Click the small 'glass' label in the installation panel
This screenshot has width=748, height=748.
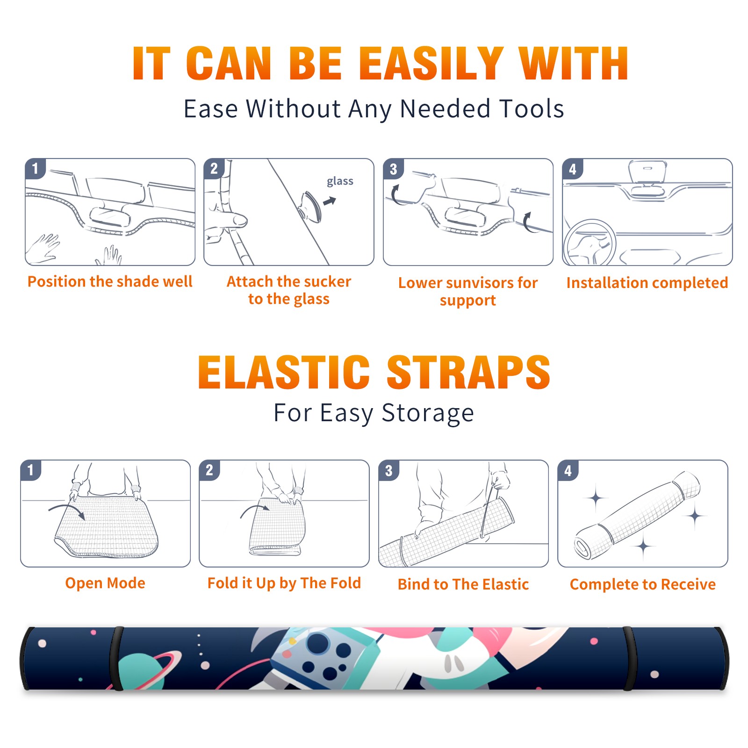(x=340, y=181)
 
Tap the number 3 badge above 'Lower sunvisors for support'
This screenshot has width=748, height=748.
(x=393, y=169)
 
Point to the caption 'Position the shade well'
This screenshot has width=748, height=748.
(x=110, y=281)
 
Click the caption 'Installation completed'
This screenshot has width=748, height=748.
(x=647, y=282)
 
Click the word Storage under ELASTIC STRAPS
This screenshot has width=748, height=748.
(x=428, y=413)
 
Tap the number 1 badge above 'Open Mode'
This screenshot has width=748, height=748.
(x=31, y=470)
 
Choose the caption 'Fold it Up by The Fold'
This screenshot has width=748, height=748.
(x=284, y=583)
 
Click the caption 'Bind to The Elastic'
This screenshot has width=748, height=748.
(x=463, y=584)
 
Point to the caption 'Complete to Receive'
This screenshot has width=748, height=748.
(x=643, y=584)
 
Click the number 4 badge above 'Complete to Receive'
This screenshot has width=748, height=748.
(x=568, y=470)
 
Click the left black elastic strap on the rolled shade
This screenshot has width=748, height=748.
(x=116, y=658)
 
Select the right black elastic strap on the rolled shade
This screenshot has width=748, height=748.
(x=628, y=658)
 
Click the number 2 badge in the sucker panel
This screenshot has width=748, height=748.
(x=214, y=169)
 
